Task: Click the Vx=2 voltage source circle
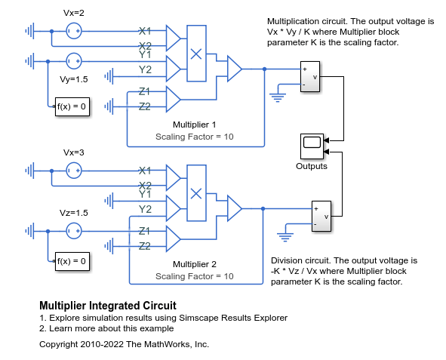(74, 31)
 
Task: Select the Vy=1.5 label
(74, 79)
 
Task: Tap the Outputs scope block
(312, 146)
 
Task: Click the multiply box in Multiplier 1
(196, 54)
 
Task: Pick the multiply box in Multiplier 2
(196, 193)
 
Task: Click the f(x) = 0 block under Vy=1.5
(72, 106)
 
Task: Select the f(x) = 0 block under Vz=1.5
(72, 261)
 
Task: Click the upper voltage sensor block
(310, 76)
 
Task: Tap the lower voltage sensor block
(321, 216)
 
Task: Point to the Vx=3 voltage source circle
(74, 171)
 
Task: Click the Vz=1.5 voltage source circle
(74, 231)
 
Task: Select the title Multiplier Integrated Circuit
(108, 306)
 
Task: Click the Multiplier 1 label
(195, 125)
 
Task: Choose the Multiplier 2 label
(195, 264)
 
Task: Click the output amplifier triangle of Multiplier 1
(235, 69)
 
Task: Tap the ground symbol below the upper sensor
(278, 97)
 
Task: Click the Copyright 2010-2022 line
(124, 344)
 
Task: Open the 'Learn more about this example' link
(106, 328)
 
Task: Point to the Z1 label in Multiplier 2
(144, 231)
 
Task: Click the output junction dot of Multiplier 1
(265, 69)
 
